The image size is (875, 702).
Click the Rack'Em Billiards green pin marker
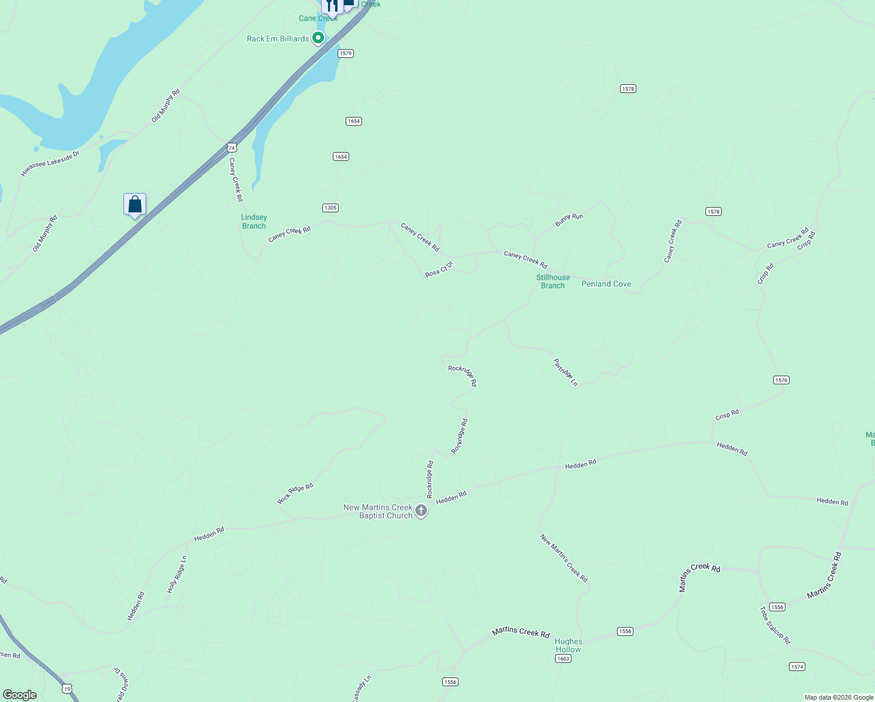click(x=318, y=38)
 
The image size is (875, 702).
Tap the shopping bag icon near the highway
click(x=135, y=205)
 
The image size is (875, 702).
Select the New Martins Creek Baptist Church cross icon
click(x=421, y=511)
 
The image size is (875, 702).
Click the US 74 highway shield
click(x=232, y=147)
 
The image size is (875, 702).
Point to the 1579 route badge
click(x=346, y=53)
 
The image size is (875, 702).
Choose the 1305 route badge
click(x=330, y=208)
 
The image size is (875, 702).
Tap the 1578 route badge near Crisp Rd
click(x=713, y=212)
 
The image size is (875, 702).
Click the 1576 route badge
click(x=781, y=380)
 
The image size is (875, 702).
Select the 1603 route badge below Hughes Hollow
click(x=563, y=659)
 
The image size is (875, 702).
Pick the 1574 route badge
click(x=797, y=667)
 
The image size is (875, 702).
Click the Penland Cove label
click(x=606, y=284)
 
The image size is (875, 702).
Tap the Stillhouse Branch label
click(x=553, y=281)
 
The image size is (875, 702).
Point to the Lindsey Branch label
click(x=254, y=222)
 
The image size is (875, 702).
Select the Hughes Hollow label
click(x=568, y=645)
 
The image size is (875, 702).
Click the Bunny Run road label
click(x=569, y=220)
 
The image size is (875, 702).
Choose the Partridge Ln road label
click(x=566, y=373)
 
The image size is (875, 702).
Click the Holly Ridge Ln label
click(x=177, y=574)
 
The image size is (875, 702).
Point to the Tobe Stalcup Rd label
click(x=775, y=625)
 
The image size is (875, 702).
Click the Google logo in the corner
click(x=20, y=695)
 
